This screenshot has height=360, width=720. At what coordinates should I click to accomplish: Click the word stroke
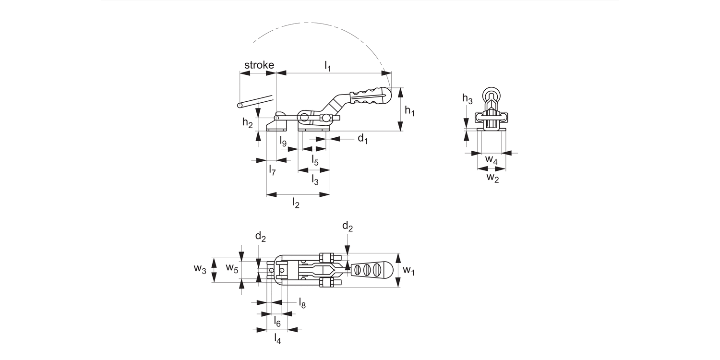(x=259, y=65)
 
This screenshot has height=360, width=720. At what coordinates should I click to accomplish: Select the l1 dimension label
(x=328, y=66)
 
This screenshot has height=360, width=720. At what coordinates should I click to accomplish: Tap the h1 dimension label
(x=409, y=111)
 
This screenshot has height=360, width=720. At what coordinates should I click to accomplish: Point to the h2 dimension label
(x=247, y=123)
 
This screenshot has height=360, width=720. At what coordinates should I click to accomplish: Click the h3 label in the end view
(x=467, y=99)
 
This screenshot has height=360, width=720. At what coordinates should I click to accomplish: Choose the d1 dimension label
(x=362, y=139)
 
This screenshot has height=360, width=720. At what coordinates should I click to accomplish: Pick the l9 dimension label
(x=283, y=142)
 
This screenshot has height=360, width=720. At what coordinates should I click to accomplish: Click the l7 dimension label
(x=272, y=169)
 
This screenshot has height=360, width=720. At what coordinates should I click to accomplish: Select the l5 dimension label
(x=315, y=159)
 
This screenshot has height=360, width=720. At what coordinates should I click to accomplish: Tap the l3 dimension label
(x=315, y=180)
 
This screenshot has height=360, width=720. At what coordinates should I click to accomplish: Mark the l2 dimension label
(x=296, y=204)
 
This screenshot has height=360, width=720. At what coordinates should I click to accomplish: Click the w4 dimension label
(x=491, y=159)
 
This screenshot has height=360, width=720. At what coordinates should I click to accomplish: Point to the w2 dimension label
(x=492, y=178)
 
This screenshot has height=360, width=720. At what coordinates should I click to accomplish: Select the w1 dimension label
(x=408, y=270)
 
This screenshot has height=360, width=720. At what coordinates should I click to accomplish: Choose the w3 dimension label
(x=200, y=269)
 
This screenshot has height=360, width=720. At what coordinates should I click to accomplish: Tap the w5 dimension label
(x=232, y=268)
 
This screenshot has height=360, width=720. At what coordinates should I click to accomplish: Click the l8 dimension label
(x=302, y=302)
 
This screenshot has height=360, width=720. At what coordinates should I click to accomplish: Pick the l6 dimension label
(x=277, y=321)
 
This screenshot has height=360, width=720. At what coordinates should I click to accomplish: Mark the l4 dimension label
(x=277, y=338)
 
